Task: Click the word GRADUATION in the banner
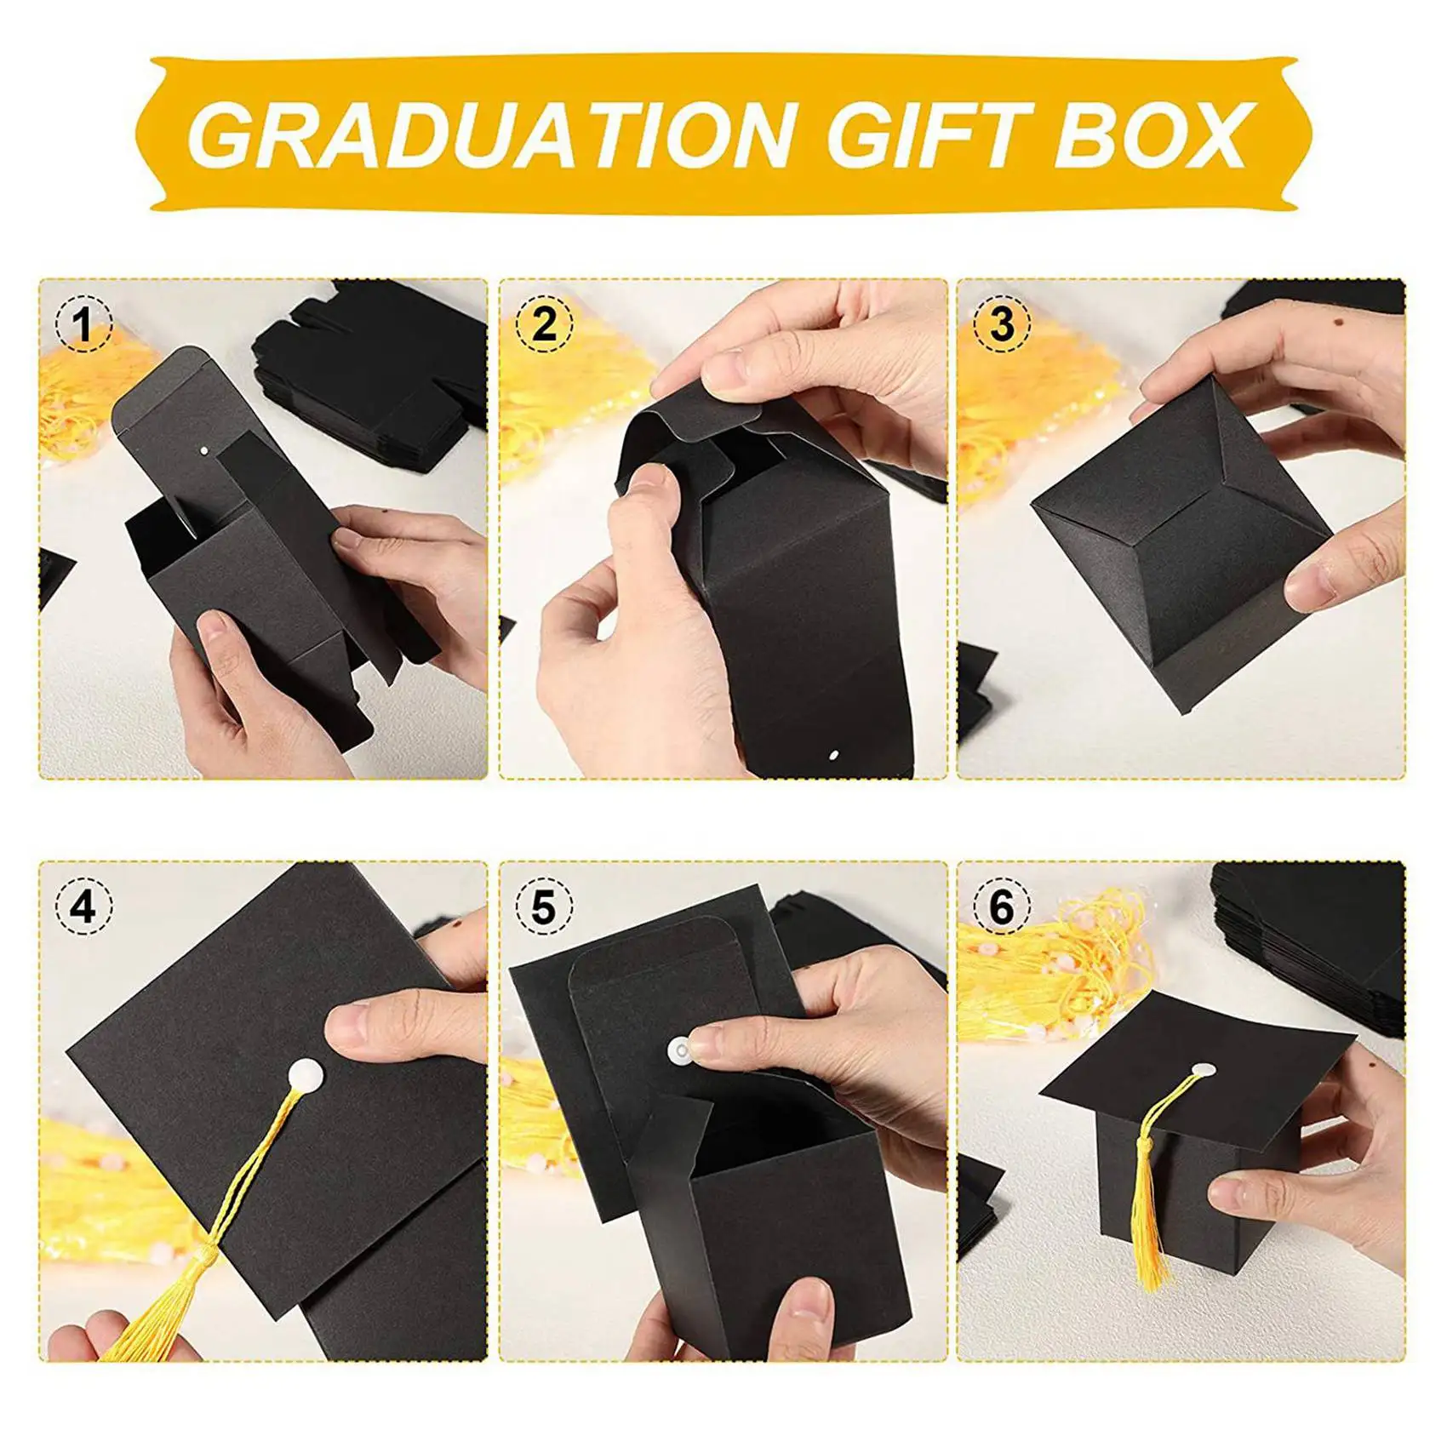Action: pyautogui.click(x=489, y=134)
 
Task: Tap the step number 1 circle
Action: pyautogui.click(x=83, y=324)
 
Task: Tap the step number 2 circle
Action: pyautogui.click(x=543, y=324)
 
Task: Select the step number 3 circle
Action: pyautogui.click(x=1002, y=324)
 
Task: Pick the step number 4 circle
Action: pyautogui.click(x=83, y=907)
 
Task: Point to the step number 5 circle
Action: pyautogui.click(x=543, y=907)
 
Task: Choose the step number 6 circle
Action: pyautogui.click(x=1002, y=907)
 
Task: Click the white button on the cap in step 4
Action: pyautogui.click(x=306, y=1074)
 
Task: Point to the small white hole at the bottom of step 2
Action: pyautogui.click(x=834, y=754)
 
